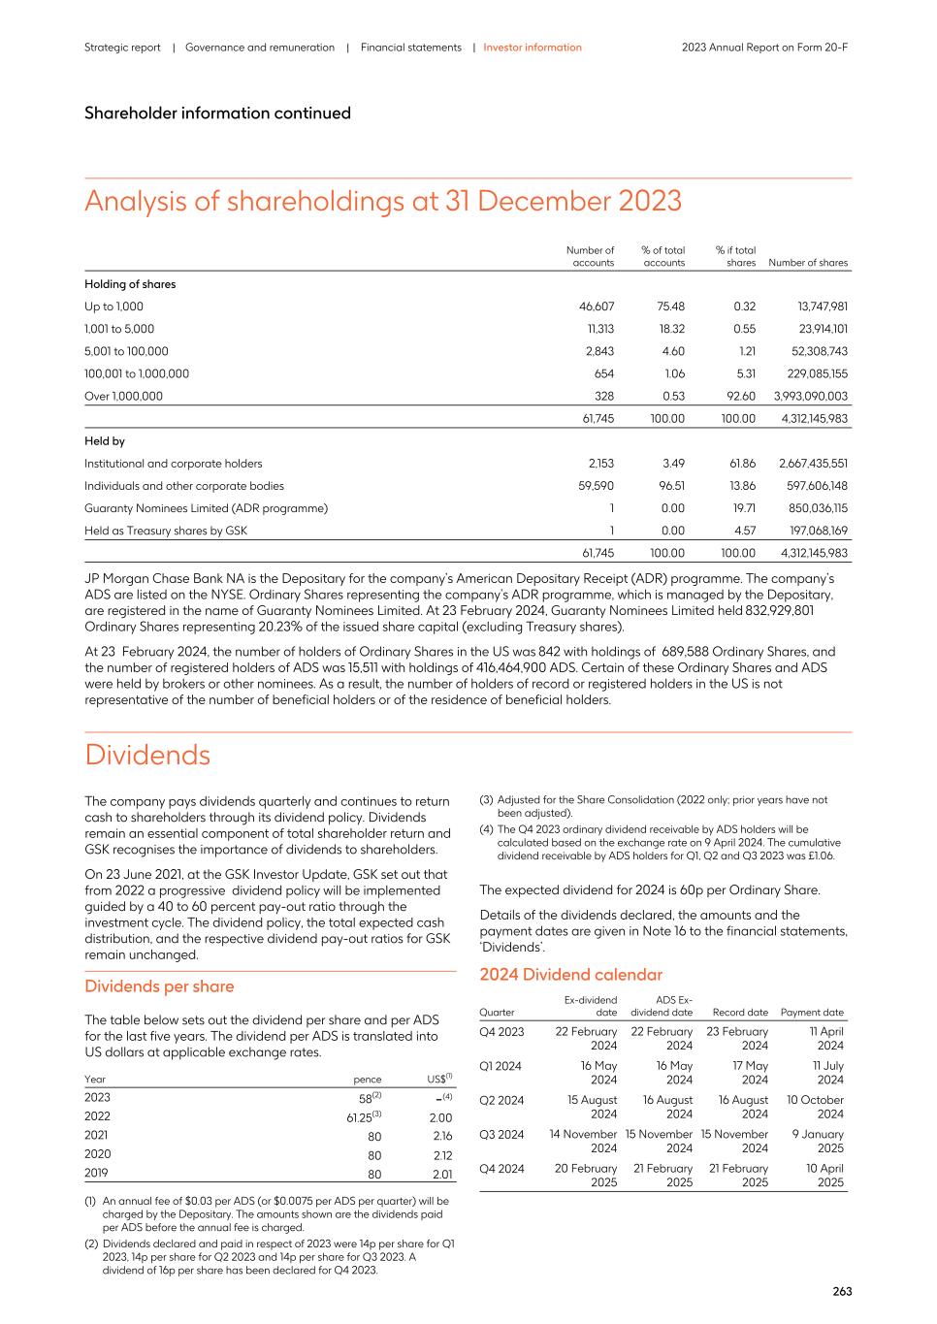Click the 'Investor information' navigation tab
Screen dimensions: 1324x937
point(533,48)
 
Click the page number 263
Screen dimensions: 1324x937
point(842,1291)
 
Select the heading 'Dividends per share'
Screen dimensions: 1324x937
point(159,986)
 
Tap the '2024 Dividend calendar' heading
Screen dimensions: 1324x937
point(570,975)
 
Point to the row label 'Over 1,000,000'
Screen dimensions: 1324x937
point(123,396)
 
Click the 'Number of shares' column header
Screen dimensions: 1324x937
point(807,263)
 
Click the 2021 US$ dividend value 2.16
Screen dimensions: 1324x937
point(440,1136)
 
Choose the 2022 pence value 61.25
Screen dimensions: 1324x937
point(363,1117)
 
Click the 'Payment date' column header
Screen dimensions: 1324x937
point(812,1013)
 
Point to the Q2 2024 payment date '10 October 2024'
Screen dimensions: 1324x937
point(816,1107)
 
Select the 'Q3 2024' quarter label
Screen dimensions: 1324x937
point(501,1135)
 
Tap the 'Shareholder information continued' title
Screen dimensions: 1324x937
point(217,113)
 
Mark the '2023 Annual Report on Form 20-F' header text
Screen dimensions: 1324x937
point(764,48)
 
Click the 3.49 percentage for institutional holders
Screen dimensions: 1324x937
point(672,464)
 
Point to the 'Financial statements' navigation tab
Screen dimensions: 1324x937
point(410,48)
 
